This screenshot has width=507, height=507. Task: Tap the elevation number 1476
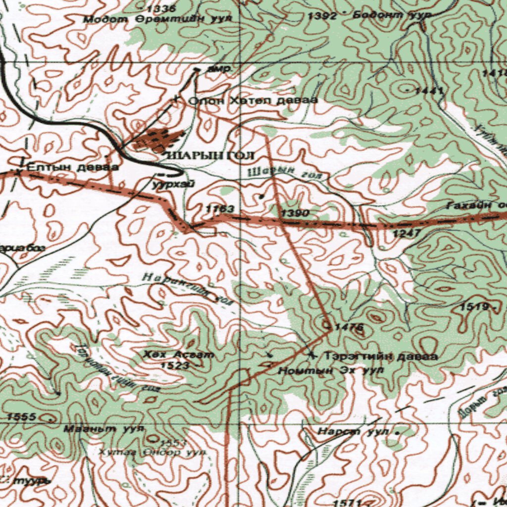pos(349,327)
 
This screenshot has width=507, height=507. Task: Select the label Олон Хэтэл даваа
pos(253,101)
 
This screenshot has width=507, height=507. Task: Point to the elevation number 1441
pos(429,91)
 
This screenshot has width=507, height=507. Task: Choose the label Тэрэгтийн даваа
pos(380,356)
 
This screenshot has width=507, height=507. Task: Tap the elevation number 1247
pos(406,233)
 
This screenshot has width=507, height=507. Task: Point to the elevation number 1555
pos(21,417)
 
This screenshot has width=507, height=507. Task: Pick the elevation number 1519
pos(475,307)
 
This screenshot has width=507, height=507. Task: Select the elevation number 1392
pos(322,16)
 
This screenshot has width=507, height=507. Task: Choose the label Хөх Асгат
pos(179,355)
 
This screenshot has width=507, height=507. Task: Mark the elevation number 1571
pos(346,503)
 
